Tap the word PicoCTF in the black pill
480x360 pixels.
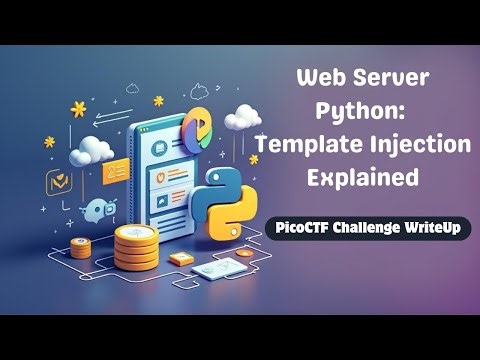[x=307, y=228]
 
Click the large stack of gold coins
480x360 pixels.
[x=137, y=244]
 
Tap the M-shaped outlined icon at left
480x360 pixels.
[x=56, y=182]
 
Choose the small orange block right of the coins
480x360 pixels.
[x=181, y=258]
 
